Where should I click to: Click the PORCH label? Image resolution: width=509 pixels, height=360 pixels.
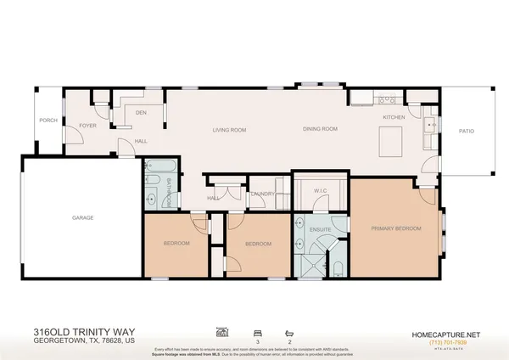(x=48, y=121)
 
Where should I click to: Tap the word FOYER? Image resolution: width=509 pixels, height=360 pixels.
(x=87, y=126)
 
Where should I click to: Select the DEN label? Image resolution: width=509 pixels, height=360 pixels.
(x=142, y=112)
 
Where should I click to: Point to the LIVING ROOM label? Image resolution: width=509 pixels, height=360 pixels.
(x=228, y=130)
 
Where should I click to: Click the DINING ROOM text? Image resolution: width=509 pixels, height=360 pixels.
(x=321, y=129)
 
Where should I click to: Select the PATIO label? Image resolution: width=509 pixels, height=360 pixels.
(x=467, y=131)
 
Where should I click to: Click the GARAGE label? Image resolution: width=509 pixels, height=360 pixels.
(x=82, y=218)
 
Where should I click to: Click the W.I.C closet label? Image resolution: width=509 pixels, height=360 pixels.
(x=319, y=190)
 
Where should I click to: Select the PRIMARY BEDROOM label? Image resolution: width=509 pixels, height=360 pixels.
(x=395, y=228)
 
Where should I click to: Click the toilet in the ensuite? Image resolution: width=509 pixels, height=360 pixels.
(x=337, y=271)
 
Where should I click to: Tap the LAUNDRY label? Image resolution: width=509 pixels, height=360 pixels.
(x=261, y=194)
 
